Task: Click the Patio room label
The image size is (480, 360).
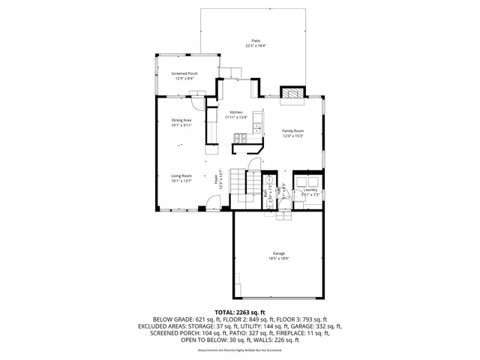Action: [x=255, y=40]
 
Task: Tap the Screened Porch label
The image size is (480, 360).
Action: [x=184, y=73]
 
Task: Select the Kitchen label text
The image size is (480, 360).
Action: [x=236, y=112]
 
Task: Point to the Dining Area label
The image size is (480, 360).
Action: [x=181, y=120]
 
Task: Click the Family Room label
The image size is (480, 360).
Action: [x=292, y=130]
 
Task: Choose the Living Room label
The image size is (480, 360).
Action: [x=181, y=175]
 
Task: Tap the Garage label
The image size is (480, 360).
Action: [x=279, y=253]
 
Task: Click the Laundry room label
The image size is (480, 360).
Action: [x=310, y=190]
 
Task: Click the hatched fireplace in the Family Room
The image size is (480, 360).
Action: [x=292, y=93]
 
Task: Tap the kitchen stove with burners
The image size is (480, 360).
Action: [x=241, y=137]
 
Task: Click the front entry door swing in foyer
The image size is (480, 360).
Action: [x=214, y=202]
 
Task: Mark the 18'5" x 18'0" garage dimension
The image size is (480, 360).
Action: [x=279, y=259]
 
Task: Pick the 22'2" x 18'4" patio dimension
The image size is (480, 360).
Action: [x=255, y=46]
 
